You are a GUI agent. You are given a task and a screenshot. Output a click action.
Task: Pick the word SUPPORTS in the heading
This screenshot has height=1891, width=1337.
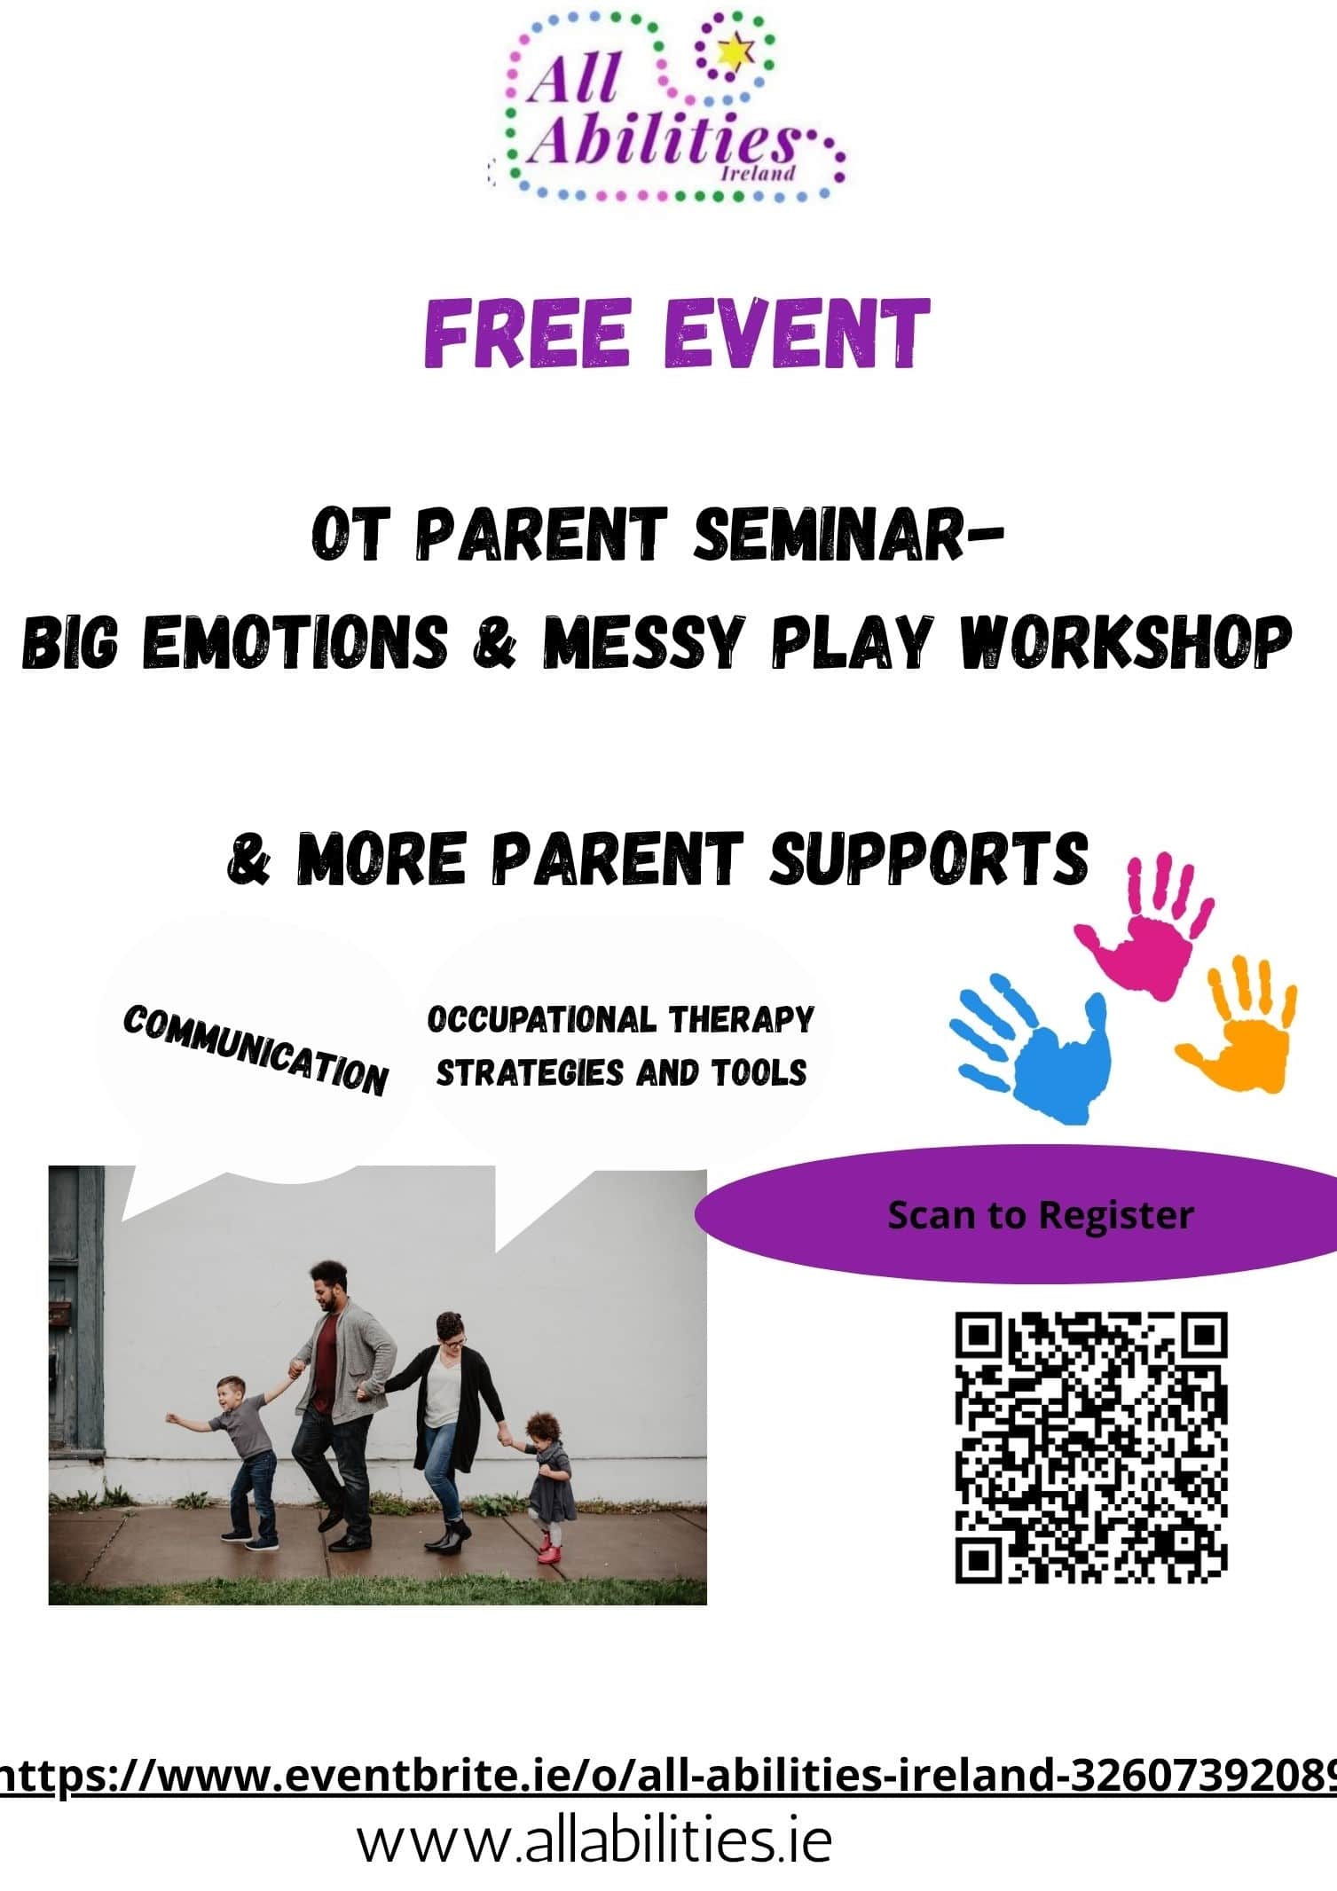[x=928, y=858]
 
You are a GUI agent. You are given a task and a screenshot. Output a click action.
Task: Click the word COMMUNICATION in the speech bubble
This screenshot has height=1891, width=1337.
[x=256, y=1050]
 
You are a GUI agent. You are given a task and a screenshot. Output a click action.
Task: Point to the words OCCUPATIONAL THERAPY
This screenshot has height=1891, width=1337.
[x=620, y=1019]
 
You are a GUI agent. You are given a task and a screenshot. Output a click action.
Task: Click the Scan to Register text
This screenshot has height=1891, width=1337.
[x=1041, y=1215]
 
